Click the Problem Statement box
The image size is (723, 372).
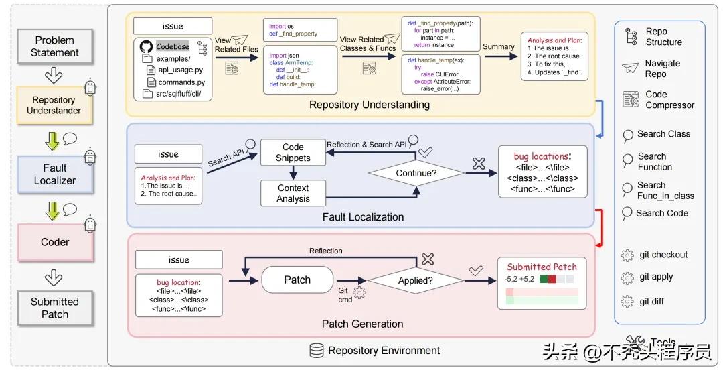tap(54, 46)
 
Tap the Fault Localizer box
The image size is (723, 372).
tap(55, 174)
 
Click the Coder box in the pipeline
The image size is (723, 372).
tap(55, 242)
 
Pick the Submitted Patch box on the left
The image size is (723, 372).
tap(55, 308)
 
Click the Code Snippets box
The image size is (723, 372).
tap(293, 153)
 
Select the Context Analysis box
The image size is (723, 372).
tap(293, 194)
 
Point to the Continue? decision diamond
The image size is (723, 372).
tap(416, 172)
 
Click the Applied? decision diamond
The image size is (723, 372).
tap(416, 280)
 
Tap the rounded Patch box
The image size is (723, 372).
tap(297, 280)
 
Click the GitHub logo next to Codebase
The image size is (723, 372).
tap(146, 47)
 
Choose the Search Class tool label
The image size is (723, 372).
tap(663, 134)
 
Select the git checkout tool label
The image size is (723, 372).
tap(663, 255)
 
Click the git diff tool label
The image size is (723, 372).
tap(651, 301)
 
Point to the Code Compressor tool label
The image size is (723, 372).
tap(669, 100)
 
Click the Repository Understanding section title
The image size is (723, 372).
tap(370, 105)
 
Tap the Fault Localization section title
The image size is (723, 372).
tap(363, 216)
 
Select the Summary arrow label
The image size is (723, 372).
tap(498, 47)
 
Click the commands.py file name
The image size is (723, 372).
tap(181, 82)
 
